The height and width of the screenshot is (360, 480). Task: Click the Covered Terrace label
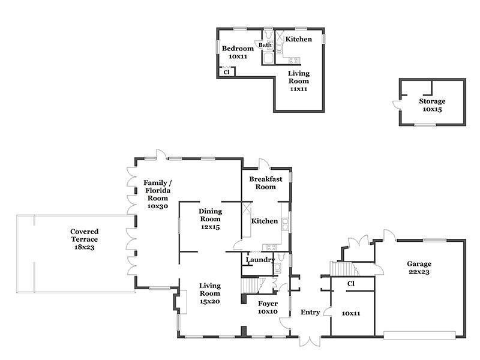pos(84,235)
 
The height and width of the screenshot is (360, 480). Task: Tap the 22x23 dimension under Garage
pos(419,272)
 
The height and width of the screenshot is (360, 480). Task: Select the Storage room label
pos(432,101)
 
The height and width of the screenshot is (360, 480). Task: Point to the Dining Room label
pos(211,215)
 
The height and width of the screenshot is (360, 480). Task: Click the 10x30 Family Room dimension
pos(158,206)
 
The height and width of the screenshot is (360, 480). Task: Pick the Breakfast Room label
pos(266,183)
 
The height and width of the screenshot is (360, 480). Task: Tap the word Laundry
pos(260,260)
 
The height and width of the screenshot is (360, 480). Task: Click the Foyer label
pos(268,304)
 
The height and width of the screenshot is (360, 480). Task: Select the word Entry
pos(310,312)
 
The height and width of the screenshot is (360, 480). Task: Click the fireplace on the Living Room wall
pos(181,302)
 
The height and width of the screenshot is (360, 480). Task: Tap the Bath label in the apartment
pos(265,45)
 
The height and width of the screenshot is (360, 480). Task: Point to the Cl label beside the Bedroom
pos(227,72)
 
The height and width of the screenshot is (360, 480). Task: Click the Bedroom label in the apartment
pos(238,49)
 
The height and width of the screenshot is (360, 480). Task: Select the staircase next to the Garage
pos(341,268)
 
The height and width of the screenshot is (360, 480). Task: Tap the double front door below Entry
pos(310,341)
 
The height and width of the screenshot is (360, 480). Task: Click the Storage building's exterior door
pos(397,104)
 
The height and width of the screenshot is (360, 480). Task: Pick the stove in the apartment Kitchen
pos(294,61)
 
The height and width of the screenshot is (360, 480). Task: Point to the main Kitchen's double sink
pos(286,224)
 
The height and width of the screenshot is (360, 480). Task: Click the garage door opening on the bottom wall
pos(419,335)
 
